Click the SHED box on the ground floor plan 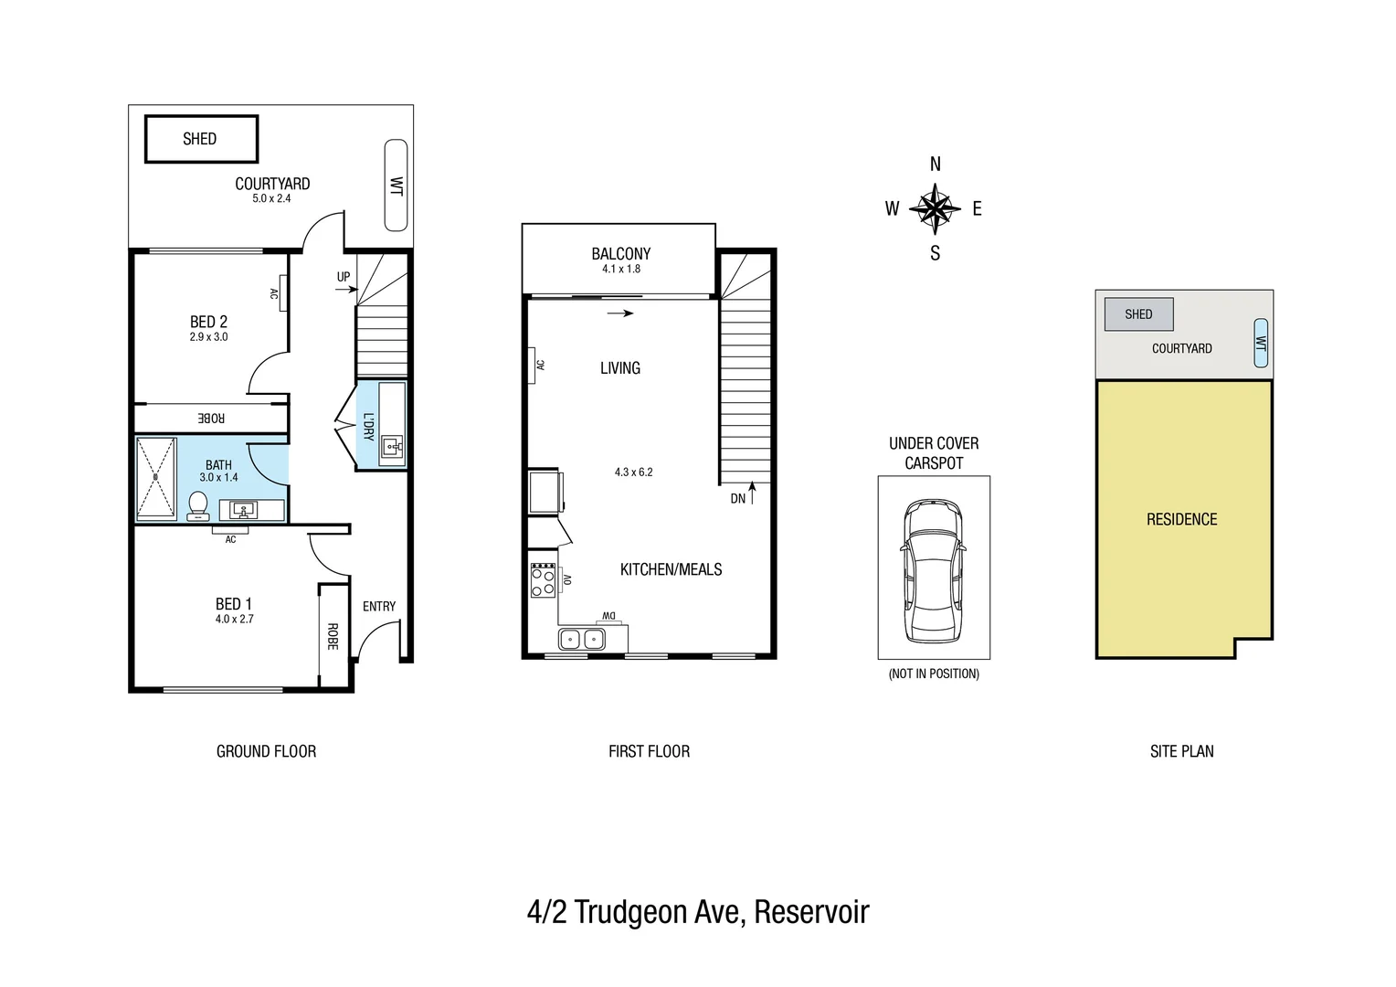tap(201, 139)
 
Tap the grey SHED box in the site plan tap(1138, 314)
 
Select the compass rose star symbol tap(935, 208)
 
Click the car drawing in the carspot tap(933, 570)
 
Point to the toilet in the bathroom tap(197, 505)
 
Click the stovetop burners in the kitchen tap(543, 580)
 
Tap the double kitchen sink tap(582, 639)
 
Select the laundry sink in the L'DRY tap(393, 448)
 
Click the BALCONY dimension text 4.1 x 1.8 tap(621, 269)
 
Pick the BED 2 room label tap(208, 322)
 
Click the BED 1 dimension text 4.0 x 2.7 tap(235, 619)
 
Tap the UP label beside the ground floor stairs tap(344, 277)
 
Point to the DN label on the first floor tap(738, 499)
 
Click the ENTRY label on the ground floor tap(379, 606)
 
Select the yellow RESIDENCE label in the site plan tap(1181, 519)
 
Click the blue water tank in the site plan tap(1261, 343)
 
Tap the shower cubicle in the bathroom tap(155, 478)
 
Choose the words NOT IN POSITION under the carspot tap(934, 674)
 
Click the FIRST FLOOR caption tap(649, 751)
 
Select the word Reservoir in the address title tap(811, 912)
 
